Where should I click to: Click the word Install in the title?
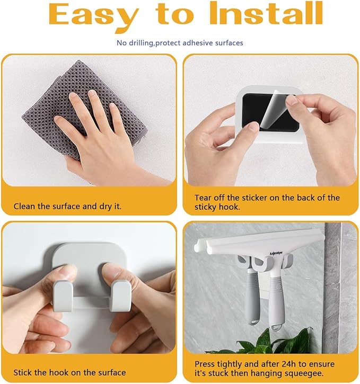[x=266, y=13]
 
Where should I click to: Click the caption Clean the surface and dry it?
[x=67, y=206]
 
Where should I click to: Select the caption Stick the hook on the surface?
[x=69, y=372]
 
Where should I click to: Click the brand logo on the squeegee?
[x=276, y=253]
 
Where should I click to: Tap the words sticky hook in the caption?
[x=217, y=207]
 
